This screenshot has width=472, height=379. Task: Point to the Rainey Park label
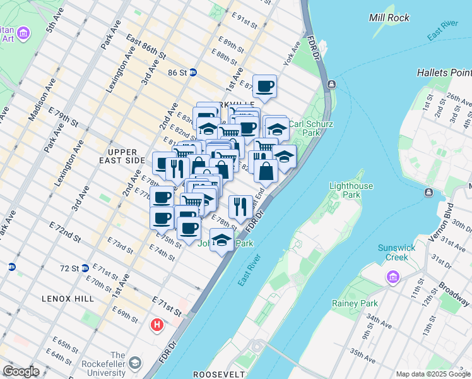pyautogui.click(x=354, y=304)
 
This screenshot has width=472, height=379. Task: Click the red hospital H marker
pyautogui.click(x=156, y=325)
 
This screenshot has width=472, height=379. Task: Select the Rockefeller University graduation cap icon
pyautogui.click(x=135, y=363)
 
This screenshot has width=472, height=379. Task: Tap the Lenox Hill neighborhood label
pyautogui.click(x=68, y=298)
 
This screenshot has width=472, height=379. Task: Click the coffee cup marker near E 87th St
pyautogui.click(x=264, y=86)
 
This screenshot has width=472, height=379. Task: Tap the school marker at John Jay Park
pyautogui.click(x=221, y=240)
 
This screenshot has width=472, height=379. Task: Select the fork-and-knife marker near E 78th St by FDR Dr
pyautogui.click(x=240, y=207)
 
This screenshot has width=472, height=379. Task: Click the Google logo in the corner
pyautogui.click(x=21, y=371)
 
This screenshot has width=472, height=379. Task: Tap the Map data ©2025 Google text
pyautogui.click(x=433, y=374)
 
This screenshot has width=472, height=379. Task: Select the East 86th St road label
pyautogui.click(x=146, y=48)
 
